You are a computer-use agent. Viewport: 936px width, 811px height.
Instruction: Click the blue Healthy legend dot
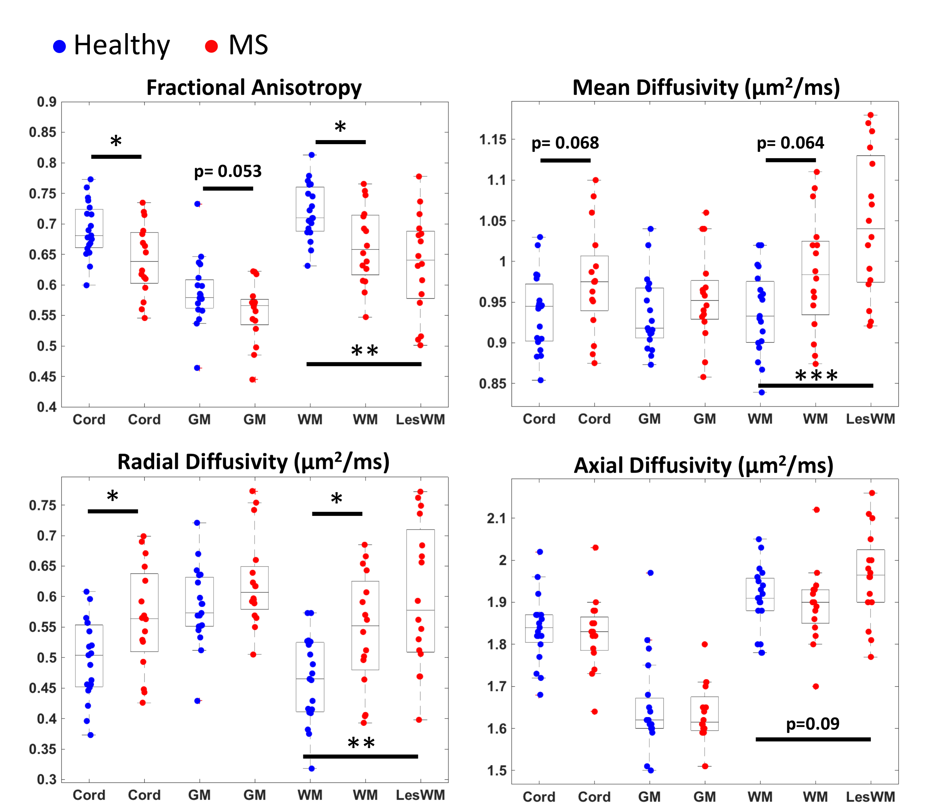[59, 46]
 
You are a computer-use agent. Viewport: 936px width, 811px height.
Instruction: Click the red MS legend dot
[211, 46]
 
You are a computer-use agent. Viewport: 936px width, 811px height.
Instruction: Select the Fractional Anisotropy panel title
[254, 87]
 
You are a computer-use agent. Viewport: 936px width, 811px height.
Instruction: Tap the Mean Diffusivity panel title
[706, 87]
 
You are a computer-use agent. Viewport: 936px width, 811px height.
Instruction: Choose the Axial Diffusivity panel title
[703, 465]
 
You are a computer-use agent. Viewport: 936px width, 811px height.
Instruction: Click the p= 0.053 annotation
[228, 171]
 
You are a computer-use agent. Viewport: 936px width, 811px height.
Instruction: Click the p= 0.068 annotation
[565, 143]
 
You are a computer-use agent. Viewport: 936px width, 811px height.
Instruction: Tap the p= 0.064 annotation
[790, 143]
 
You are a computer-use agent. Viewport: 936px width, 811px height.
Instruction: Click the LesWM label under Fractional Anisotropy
[420, 419]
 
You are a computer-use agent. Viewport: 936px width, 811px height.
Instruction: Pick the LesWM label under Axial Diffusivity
[870, 797]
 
